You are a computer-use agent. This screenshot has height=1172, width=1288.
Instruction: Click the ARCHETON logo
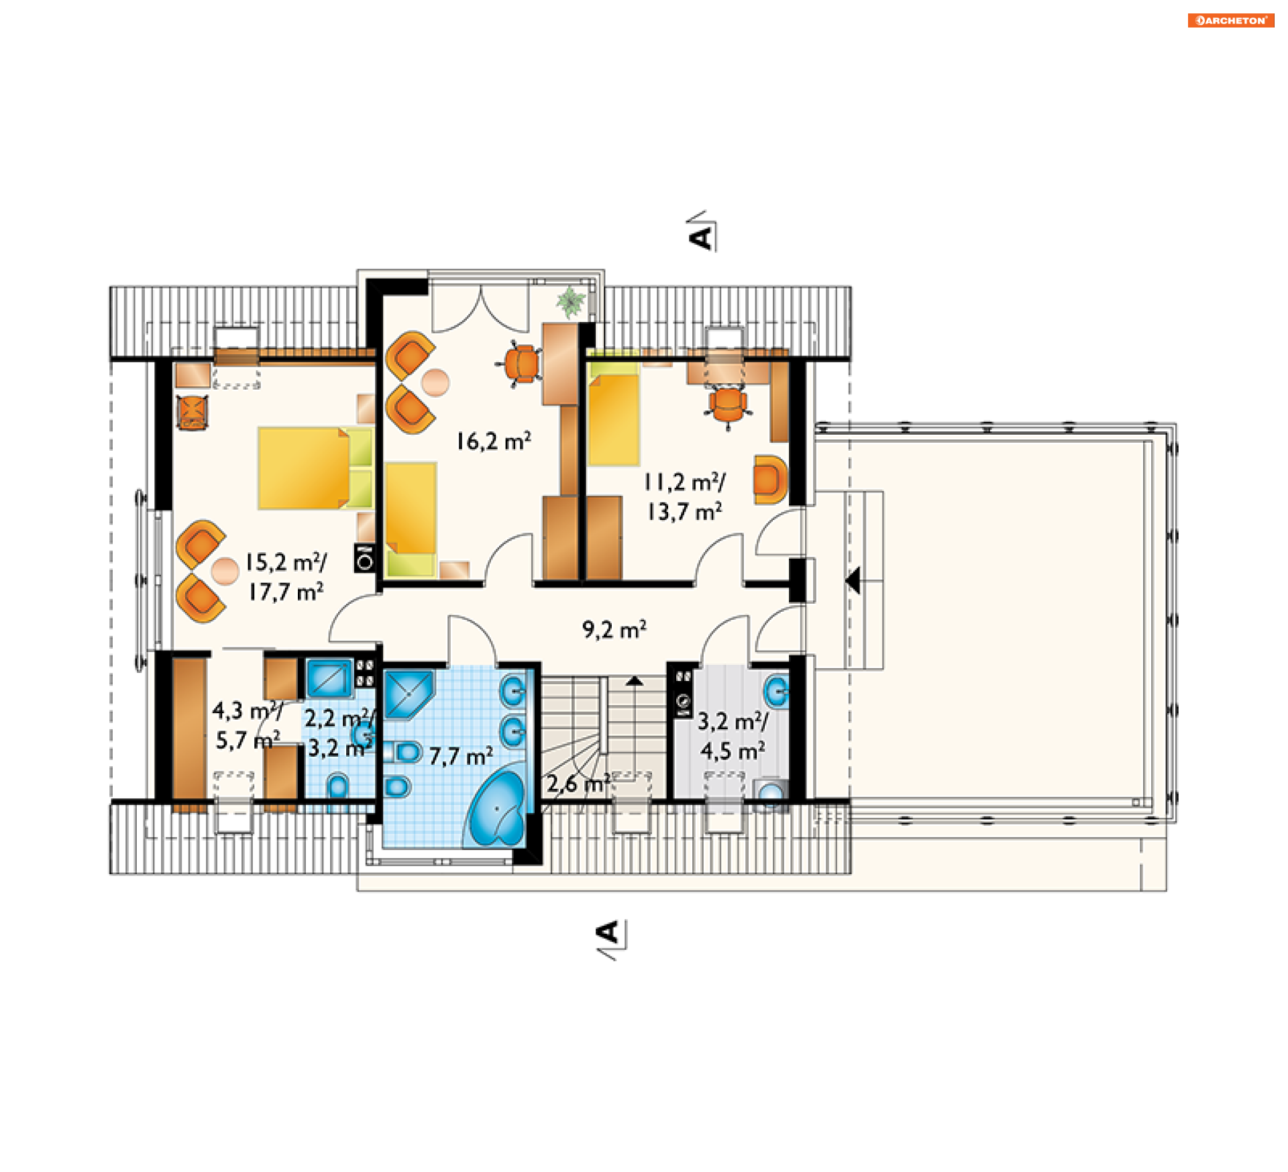[x=1230, y=20]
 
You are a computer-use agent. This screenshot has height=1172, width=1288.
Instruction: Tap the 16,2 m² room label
[x=494, y=441]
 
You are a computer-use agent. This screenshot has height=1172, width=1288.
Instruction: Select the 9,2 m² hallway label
[x=614, y=629]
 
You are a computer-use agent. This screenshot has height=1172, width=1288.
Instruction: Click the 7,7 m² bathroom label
[x=461, y=756]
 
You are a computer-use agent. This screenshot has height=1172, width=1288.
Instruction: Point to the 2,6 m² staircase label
[x=578, y=783]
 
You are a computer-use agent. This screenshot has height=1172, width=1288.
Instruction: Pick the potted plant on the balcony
[x=570, y=301]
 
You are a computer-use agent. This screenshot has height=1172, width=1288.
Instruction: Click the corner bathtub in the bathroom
[x=496, y=809]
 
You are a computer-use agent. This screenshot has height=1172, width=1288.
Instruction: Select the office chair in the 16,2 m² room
[x=521, y=364]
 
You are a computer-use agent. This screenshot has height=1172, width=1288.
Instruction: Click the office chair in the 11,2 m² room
[x=728, y=405]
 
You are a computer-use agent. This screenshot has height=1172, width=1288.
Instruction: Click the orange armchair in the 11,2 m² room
[x=770, y=479]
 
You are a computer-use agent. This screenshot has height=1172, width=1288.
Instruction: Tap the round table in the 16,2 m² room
[x=435, y=383]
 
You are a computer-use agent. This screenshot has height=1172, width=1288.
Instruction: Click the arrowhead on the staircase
[x=635, y=681]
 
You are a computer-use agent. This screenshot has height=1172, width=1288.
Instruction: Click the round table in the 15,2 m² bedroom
[x=225, y=571]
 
